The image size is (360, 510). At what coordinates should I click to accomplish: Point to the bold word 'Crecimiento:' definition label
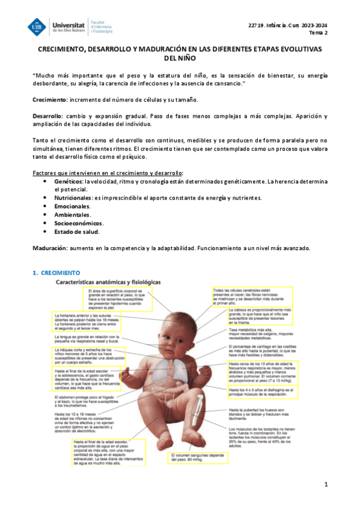click(49, 99)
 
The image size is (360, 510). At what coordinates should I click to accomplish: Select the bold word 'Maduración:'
click(50, 248)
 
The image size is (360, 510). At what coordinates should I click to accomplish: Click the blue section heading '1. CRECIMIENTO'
click(55, 273)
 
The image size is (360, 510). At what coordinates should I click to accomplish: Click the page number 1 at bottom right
click(326, 484)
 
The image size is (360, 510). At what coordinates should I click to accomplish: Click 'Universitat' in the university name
click(69, 22)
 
